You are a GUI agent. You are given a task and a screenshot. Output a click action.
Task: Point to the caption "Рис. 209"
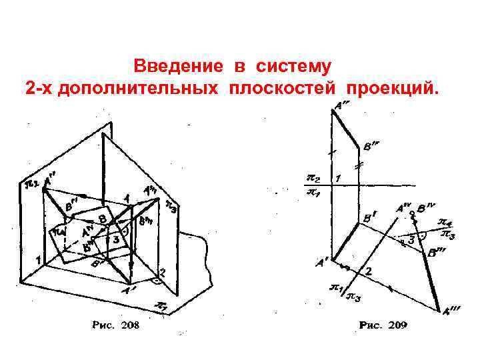pos(383,325)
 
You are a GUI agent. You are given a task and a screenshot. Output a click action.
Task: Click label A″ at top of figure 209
pos(343,105)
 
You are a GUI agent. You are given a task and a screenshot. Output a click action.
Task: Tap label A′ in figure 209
pos(322,263)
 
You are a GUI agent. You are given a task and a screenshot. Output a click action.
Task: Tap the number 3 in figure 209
pos(411,238)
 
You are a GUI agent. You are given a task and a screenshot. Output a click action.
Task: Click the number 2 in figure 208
pos(161,272)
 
